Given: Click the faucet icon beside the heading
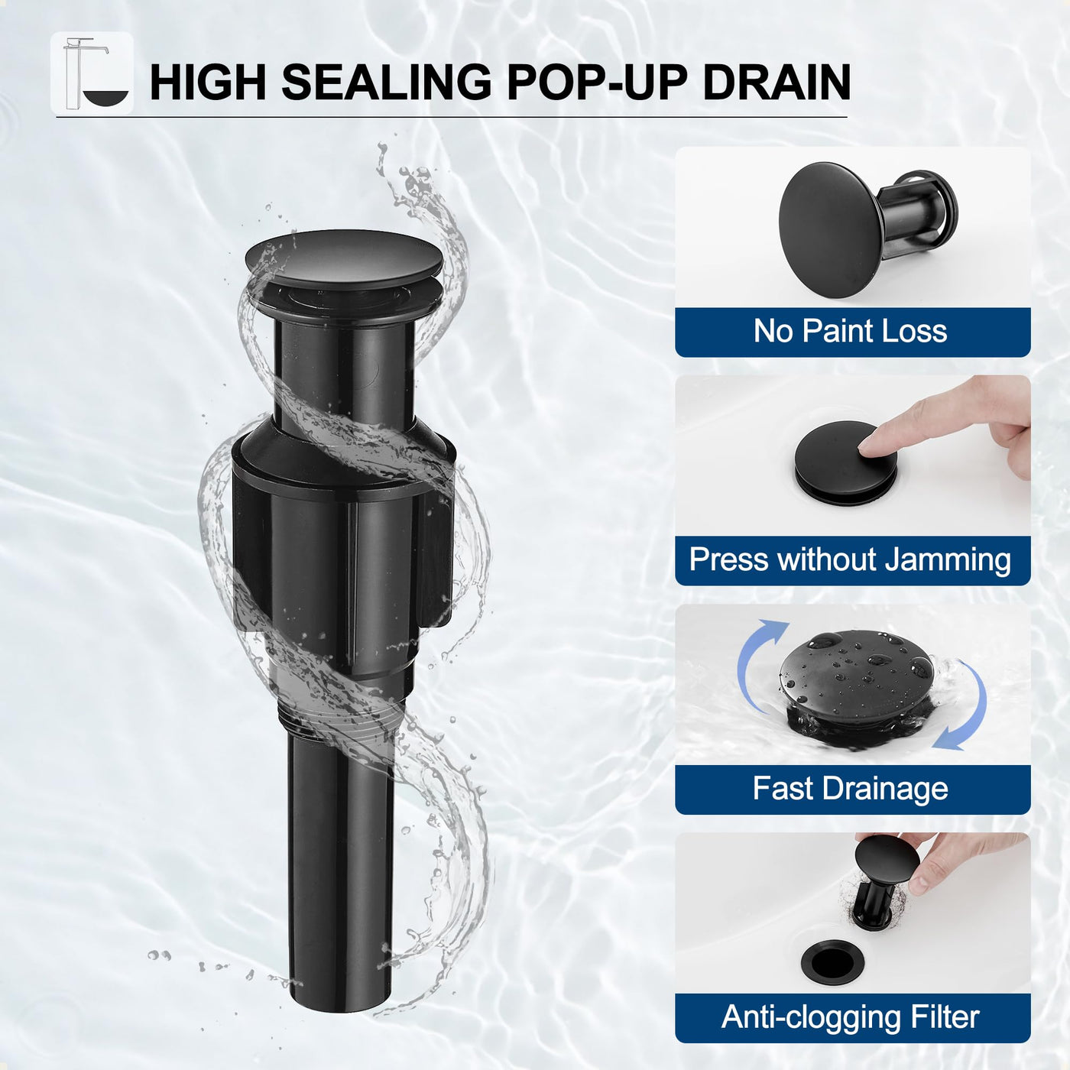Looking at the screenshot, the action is point(92,73).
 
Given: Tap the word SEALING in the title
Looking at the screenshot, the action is point(387,83).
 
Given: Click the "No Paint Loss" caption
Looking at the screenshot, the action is point(850,332).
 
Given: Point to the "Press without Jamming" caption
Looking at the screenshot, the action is point(850,559).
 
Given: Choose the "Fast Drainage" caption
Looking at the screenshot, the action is point(850,789).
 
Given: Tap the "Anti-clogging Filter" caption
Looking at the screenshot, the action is point(850,1017).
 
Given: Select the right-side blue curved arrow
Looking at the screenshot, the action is point(965,705).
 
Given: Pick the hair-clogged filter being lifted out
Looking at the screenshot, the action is point(874,903).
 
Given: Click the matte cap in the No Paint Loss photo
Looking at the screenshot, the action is point(830,229).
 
